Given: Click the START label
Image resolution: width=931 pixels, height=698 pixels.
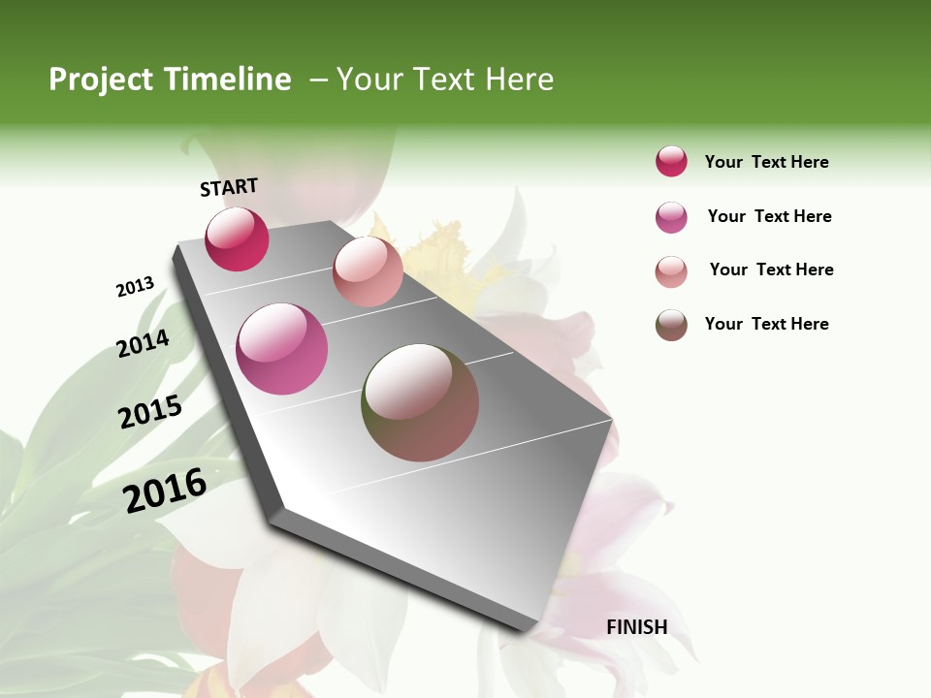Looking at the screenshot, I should coord(229,187).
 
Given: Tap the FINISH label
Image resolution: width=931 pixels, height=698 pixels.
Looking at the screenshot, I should coord(637,627).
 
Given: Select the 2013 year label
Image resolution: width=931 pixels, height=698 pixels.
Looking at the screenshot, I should coord(135,287).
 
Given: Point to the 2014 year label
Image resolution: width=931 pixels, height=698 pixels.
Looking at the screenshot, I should coord(144,344).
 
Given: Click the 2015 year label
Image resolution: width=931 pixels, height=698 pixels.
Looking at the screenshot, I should coord(150,412).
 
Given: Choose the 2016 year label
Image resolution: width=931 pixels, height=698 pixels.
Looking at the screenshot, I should coord(165,490).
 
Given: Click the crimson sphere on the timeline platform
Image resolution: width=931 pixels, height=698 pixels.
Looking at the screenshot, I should coord(237,239).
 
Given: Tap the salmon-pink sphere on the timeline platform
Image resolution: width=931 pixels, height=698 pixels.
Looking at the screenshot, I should coord(368,271).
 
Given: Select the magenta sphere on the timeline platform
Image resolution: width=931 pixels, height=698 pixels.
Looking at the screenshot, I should coord(281,349).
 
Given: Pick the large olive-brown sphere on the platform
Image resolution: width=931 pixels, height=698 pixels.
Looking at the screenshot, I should coord(420,402).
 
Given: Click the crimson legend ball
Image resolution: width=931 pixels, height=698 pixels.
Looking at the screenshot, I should coord(671,162).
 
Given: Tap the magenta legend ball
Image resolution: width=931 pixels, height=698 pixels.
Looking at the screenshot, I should coord(671,217).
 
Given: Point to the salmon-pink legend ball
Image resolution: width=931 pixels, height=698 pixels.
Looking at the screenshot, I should coord(671,271).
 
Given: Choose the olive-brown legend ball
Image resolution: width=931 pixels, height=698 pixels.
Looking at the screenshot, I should coord(671,325).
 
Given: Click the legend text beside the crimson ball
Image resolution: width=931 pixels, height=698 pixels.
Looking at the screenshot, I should coord(766,162).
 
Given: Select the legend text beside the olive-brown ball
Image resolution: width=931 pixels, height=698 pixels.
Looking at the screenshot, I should coord(766,324).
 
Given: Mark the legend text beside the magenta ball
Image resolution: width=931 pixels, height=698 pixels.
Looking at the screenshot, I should coord(769,216).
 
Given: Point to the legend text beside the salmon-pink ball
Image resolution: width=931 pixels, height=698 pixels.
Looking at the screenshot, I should coord(771,270).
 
